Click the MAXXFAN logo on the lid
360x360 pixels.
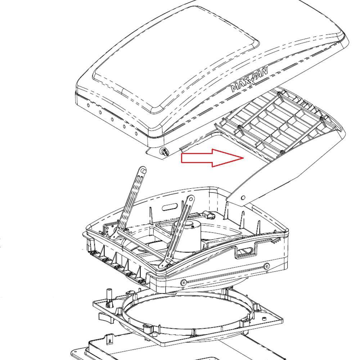pyautogui.click(x=249, y=80)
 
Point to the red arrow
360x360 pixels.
pyautogui.click(x=212, y=158)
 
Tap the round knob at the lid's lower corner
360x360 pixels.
pyautogui.click(x=165, y=152)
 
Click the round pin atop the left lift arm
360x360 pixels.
pyautogui.click(x=143, y=170)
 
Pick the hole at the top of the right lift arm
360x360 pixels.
pyautogui.click(x=191, y=199)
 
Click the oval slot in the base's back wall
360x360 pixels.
pyautogui.click(x=170, y=207)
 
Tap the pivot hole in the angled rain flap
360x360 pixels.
pyautogui.click(x=243, y=198)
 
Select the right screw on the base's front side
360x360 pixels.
pyautogui.click(x=266, y=266)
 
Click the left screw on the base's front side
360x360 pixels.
pyautogui.click(x=184, y=282)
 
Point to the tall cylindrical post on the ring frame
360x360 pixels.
pyautogui.click(x=109, y=297)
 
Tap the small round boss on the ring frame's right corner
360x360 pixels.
pyautogui.click(x=264, y=318)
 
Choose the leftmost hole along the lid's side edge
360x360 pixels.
pyautogui.click(x=88, y=105)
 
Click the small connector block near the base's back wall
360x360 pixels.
pyautogui.click(x=209, y=215)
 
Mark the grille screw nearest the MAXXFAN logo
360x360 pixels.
pyautogui.click(x=279, y=93)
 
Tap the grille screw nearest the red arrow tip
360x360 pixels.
pyautogui.click(x=239, y=126)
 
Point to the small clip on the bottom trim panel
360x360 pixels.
pyautogui.click(x=110, y=341)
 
